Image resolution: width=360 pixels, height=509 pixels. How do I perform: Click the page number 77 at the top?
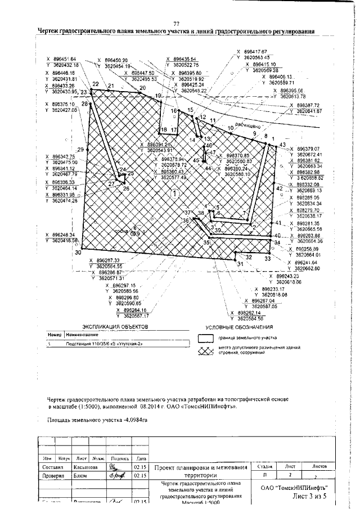click(x=176, y=23)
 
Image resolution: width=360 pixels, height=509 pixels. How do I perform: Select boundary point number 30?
click(x=77, y=253)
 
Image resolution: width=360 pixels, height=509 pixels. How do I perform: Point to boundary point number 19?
click(x=158, y=96)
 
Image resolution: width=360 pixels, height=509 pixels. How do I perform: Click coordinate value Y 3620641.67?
click(x=304, y=111)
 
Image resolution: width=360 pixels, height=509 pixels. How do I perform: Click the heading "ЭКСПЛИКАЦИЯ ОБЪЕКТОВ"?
click(x=114, y=326)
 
